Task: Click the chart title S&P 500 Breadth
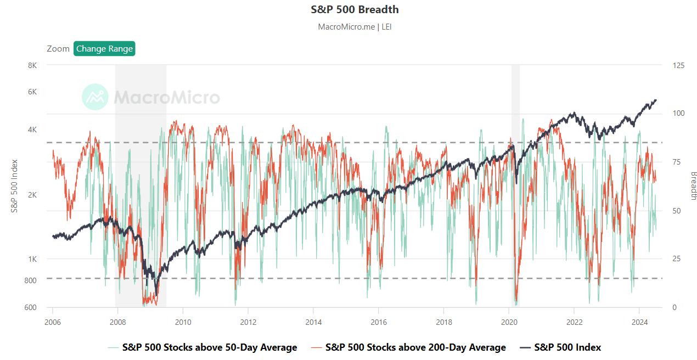(x=355, y=10)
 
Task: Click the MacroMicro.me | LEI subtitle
(x=355, y=26)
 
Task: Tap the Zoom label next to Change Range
(x=58, y=49)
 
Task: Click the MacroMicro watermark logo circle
(x=95, y=97)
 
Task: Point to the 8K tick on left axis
(x=32, y=65)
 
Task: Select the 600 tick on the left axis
(x=30, y=307)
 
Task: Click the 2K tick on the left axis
(x=32, y=194)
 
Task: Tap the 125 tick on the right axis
(x=678, y=65)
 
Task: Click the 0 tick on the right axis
(x=674, y=307)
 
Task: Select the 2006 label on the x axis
(x=53, y=322)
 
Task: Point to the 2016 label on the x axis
(x=378, y=322)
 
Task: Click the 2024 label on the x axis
(x=639, y=322)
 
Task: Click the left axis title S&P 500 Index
(x=15, y=187)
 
